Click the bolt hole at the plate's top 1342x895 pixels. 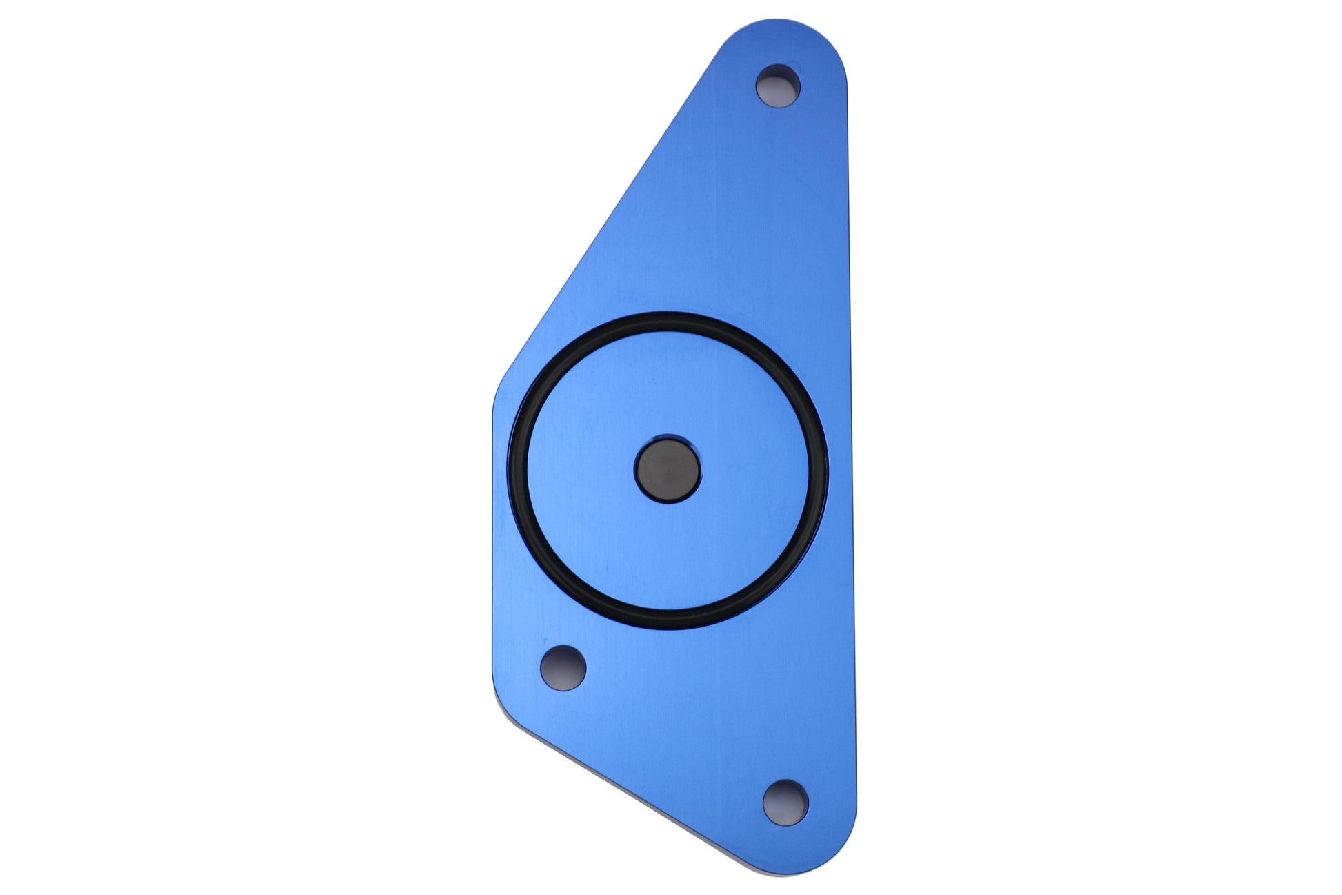coord(778,86)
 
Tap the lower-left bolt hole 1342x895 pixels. coord(563,667)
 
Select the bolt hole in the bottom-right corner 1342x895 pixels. coord(785,802)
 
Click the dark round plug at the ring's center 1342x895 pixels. coord(667,470)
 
